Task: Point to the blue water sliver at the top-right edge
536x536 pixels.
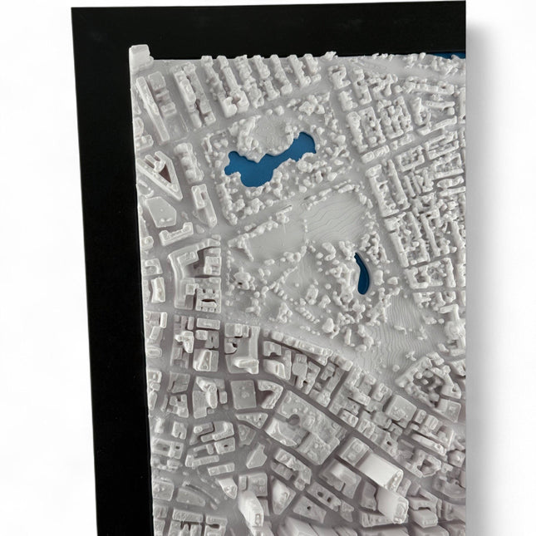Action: [x=453, y=56]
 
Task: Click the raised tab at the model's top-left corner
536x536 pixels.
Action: [x=140, y=57]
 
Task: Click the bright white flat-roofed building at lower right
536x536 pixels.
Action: [x=378, y=466]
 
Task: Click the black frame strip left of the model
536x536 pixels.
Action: [x=108, y=291]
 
